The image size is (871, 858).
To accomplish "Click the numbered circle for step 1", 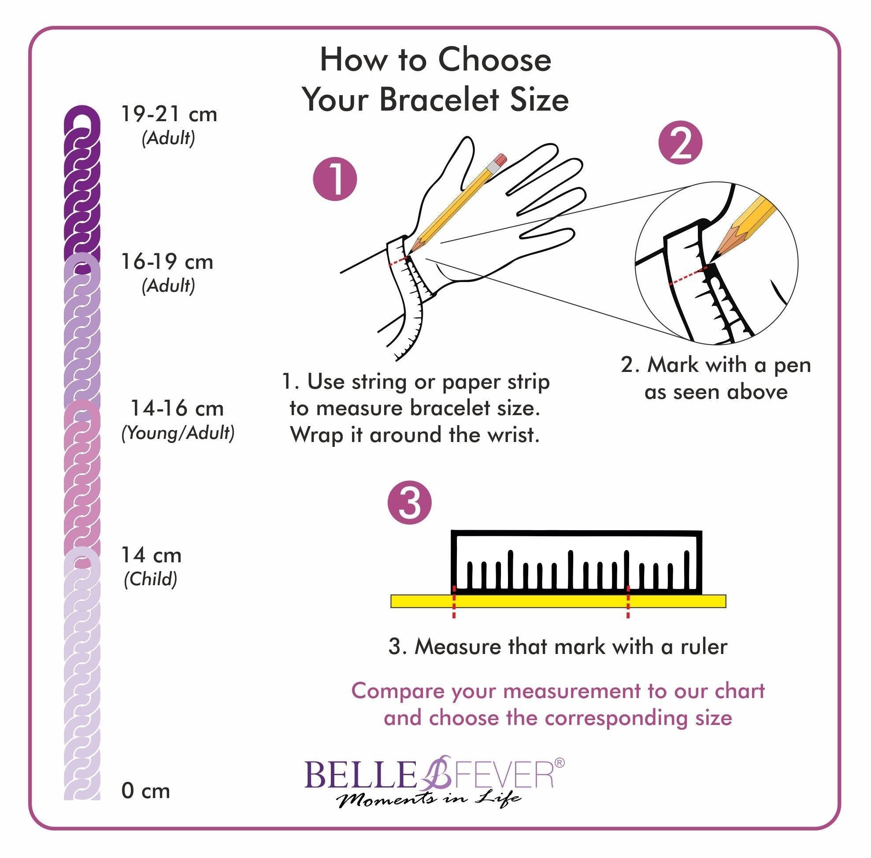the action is [335, 179].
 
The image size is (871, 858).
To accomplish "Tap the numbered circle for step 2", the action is [680, 142].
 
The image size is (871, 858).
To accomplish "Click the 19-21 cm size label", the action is [169, 114].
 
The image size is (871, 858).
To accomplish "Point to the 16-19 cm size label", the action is [167, 262].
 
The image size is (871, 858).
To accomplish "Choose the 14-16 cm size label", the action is [177, 408].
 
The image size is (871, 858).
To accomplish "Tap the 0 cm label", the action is [145, 791].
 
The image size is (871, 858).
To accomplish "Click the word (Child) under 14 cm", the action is [151, 579].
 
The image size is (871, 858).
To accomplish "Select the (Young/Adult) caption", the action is [178, 433].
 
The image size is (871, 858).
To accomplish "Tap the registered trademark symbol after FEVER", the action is [559, 762].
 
